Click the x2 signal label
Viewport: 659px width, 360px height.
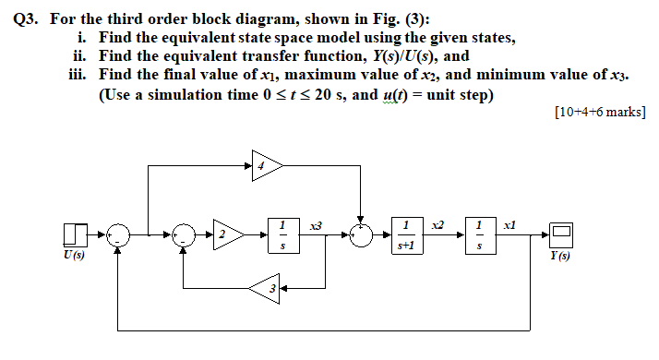[x=439, y=225]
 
